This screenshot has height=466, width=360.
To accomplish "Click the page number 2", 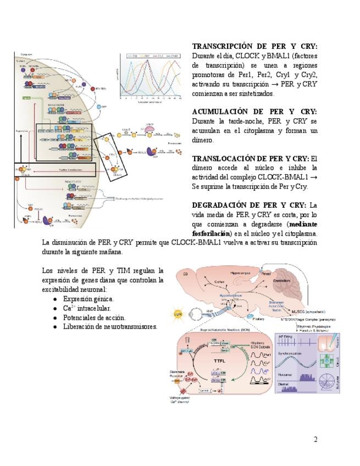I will pyautogui.click(x=315, y=439).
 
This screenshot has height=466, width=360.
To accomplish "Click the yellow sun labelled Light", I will pyautogui.click(x=178, y=313).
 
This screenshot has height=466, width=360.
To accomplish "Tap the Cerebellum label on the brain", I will pyautogui.click(x=283, y=280).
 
